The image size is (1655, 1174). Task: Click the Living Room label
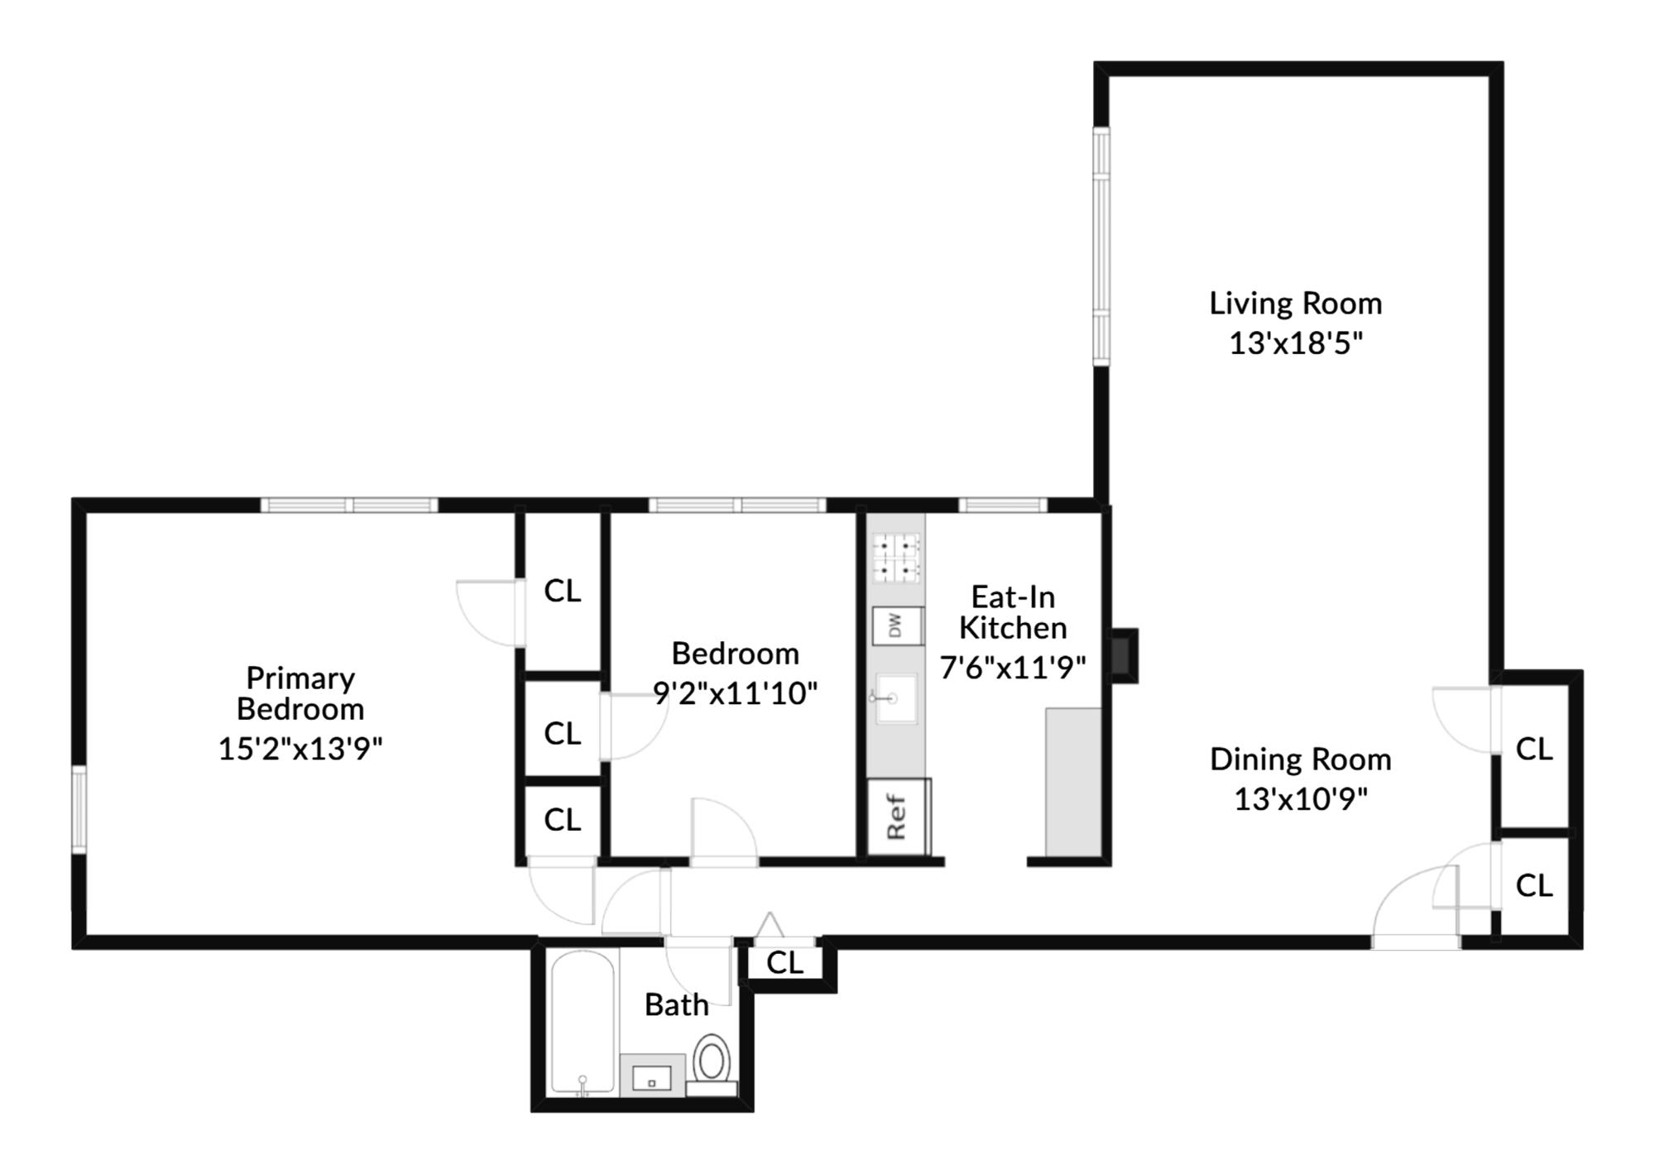click(1295, 304)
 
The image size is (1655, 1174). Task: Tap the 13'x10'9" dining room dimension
click(1300, 799)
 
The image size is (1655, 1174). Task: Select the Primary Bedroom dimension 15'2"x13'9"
click(300, 749)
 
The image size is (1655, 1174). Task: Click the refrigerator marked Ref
click(898, 817)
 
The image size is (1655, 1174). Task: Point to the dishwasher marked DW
click(897, 626)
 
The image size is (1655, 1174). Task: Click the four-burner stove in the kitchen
click(897, 558)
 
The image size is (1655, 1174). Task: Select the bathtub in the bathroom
click(583, 1023)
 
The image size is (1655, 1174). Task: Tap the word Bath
click(676, 1005)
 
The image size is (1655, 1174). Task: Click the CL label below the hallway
click(784, 963)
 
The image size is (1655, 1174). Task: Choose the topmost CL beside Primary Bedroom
click(562, 591)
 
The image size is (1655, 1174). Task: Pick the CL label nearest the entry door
click(1533, 886)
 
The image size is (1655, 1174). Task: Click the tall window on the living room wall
click(1101, 246)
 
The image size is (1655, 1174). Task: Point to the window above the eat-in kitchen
click(1002, 505)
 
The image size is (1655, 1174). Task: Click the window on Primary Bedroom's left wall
click(79, 809)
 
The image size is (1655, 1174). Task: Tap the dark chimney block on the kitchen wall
click(1124, 655)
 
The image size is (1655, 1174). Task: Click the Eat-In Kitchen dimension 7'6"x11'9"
click(1012, 667)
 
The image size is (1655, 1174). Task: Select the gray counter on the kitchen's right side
click(1073, 781)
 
